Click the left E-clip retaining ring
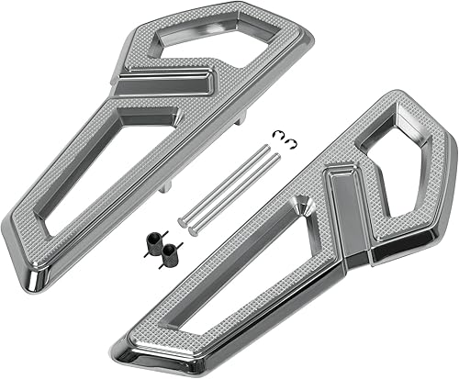click(x=275, y=137)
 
